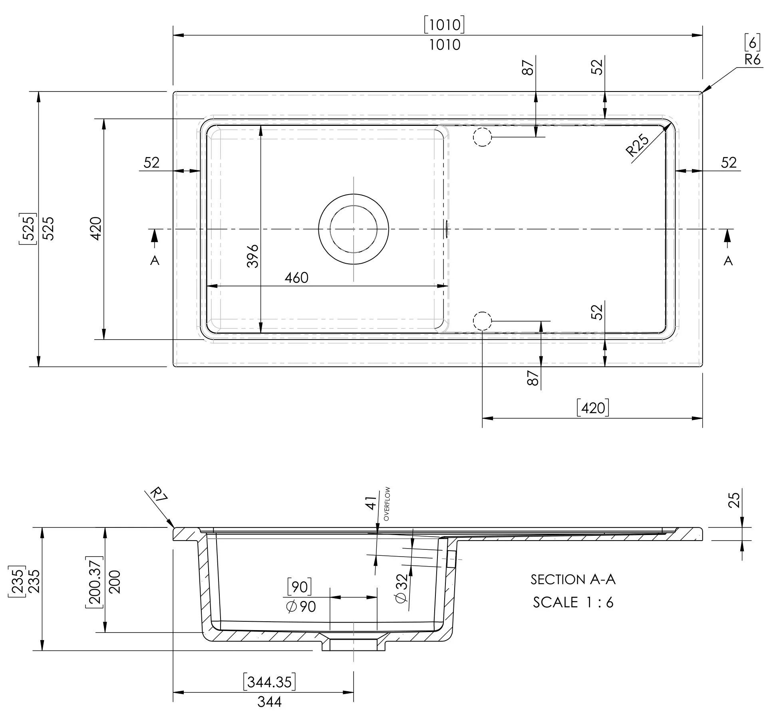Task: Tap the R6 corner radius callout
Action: click(x=752, y=60)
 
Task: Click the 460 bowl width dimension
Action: click(x=296, y=278)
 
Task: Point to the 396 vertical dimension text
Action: click(x=253, y=256)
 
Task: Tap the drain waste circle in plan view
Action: click(x=354, y=229)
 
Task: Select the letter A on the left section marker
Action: click(x=155, y=261)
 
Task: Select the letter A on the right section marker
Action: click(x=728, y=261)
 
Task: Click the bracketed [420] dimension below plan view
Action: click(x=593, y=408)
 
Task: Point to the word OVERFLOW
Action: click(x=386, y=504)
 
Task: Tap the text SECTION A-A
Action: click(x=573, y=579)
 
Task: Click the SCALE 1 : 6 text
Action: click(x=573, y=602)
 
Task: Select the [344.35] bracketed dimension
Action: click(x=270, y=682)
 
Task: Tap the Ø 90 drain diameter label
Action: click(x=301, y=607)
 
